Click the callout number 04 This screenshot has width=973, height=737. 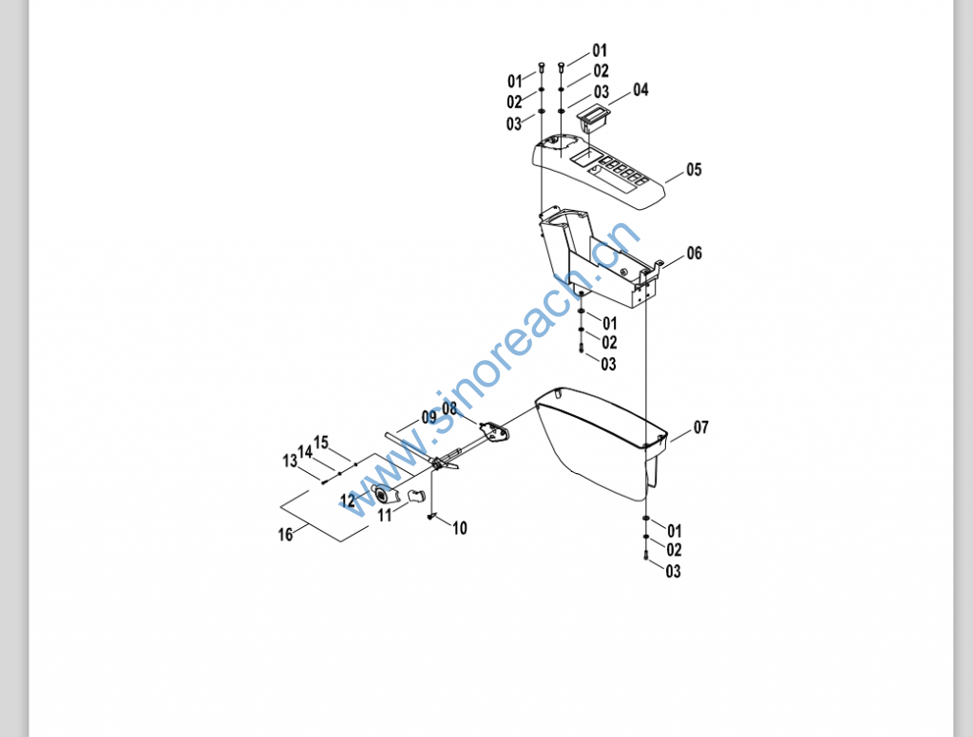point(640,90)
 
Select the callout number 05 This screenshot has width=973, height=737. point(694,170)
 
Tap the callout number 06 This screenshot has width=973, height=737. point(695,254)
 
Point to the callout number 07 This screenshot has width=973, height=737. point(700,427)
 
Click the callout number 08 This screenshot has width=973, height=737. point(449,408)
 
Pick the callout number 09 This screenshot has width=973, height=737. point(429,417)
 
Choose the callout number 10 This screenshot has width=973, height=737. point(460,529)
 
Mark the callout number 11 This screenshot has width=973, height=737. point(385,515)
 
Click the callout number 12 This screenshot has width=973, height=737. point(348,500)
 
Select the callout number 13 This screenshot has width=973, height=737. point(290,461)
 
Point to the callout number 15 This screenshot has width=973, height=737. point(321,443)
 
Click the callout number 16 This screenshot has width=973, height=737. point(285,535)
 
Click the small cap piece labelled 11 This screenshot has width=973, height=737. point(414,495)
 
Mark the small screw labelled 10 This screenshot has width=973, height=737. point(431,517)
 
